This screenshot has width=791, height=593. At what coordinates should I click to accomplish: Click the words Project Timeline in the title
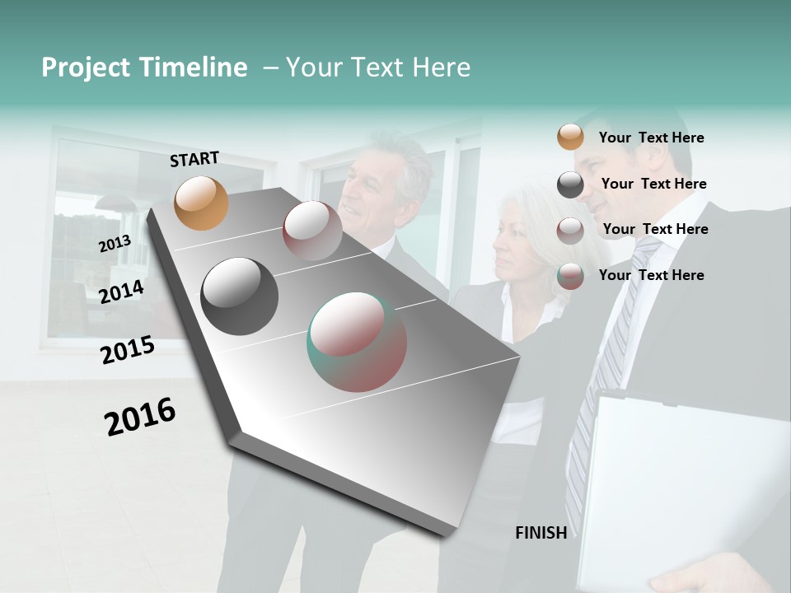coord(144,68)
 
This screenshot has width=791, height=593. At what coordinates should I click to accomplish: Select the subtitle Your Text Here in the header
coord(377,68)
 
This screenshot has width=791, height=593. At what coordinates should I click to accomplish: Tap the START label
coord(194,159)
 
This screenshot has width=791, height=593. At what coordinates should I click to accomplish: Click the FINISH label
coord(541,533)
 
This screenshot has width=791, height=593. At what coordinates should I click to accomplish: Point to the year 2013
coord(115,244)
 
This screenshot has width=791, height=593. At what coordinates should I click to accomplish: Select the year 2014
coord(121,292)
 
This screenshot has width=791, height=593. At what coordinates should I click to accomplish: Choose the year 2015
coord(127,350)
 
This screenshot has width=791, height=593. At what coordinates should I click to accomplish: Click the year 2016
coord(140,417)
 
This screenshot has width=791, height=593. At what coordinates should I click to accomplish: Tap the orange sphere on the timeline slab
coord(201,203)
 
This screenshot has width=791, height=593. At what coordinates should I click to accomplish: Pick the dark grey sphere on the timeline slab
coord(239,296)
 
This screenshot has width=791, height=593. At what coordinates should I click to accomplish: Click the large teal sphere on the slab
coord(357,342)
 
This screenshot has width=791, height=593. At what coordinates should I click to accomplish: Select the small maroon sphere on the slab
coord(312,231)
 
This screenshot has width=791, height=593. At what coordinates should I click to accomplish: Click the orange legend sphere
coord(570,137)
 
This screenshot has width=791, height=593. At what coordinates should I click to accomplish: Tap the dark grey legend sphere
coord(570,184)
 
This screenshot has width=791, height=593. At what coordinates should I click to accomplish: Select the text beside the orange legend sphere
coord(651,138)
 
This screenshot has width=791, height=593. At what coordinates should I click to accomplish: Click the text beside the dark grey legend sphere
coord(653,184)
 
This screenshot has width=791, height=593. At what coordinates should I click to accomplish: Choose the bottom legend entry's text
coord(651,275)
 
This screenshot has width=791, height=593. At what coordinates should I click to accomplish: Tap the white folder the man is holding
coord(684,486)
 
